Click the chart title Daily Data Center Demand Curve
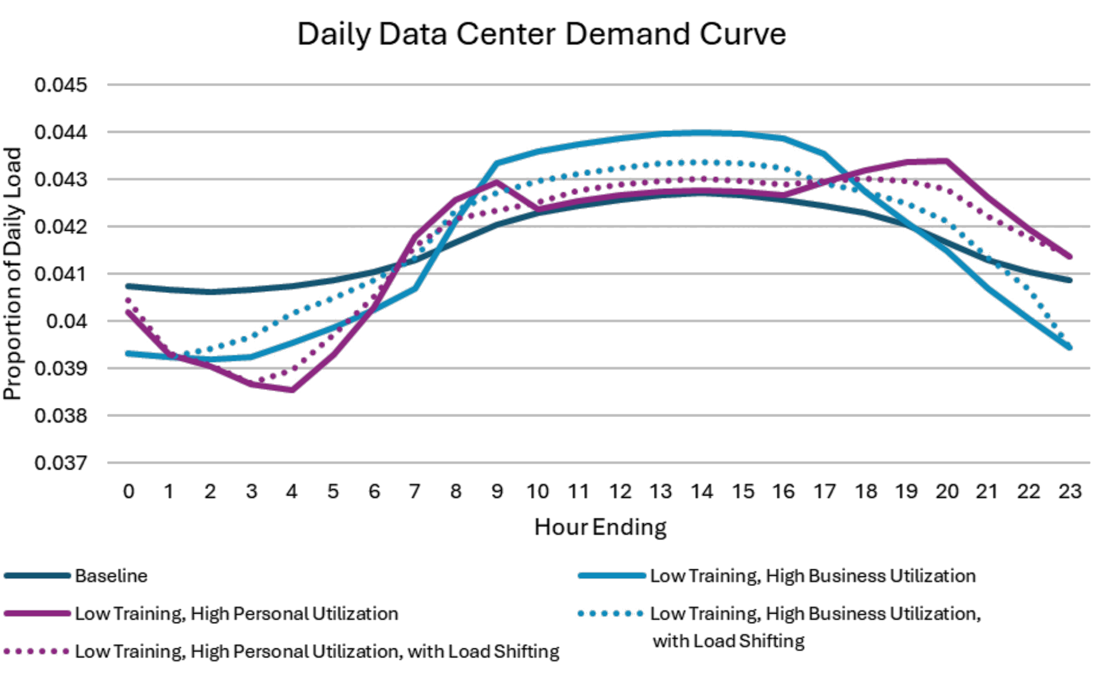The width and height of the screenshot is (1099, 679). pyautogui.click(x=541, y=34)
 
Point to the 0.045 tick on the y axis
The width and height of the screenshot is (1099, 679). pyautogui.click(x=61, y=85)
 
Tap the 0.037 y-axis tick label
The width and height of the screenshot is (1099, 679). pyautogui.click(x=61, y=463)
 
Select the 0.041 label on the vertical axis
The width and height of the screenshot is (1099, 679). pyautogui.click(x=61, y=274)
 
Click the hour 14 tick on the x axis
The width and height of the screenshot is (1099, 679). pyautogui.click(x=702, y=492)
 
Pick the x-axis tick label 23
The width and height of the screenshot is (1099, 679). pyautogui.click(x=1069, y=492)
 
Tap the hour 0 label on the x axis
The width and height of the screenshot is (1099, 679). pyautogui.click(x=129, y=492)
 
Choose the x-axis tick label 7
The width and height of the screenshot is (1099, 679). pyautogui.click(x=414, y=492)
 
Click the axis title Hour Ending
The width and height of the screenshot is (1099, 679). pyautogui.click(x=600, y=527)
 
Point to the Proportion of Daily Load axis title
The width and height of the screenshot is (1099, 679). pyautogui.click(x=13, y=274)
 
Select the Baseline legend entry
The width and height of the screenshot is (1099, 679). pyautogui.click(x=111, y=576)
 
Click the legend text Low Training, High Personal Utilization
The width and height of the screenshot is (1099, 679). pyautogui.click(x=236, y=614)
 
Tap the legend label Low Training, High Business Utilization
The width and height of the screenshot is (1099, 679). pyautogui.click(x=813, y=576)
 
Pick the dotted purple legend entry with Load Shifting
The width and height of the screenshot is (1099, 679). pyautogui.click(x=317, y=652)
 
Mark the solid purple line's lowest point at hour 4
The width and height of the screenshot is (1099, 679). pyautogui.click(x=292, y=390)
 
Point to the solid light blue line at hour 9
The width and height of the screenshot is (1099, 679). pyautogui.click(x=497, y=164)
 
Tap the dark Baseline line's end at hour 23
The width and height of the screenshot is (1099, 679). pyautogui.click(x=1069, y=281)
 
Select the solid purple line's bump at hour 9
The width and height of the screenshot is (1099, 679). pyautogui.click(x=497, y=182)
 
